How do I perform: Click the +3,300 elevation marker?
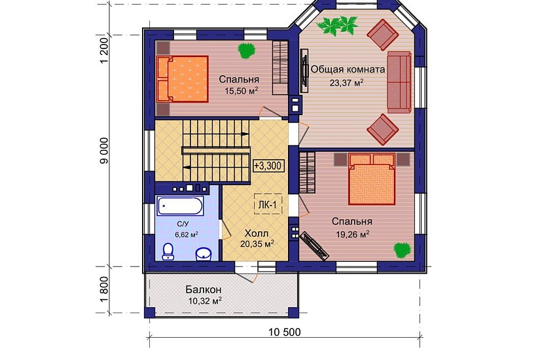(x=268, y=166)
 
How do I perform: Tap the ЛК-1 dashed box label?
(x=268, y=205)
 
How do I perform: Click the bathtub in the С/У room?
(x=180, y=206)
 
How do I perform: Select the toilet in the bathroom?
(x=168, y=251)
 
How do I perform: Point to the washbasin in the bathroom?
(x=204, y=254)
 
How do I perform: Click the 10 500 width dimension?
(x=285, y=332)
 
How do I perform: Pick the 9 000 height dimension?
(x=103, y=151)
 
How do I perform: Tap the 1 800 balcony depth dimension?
(x=103, y=289)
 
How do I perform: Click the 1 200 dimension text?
(x=103, y=50)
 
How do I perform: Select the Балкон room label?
(x=204, y=289)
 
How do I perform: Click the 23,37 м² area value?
(x=346, y=83)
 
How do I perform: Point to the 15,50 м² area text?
(x=242, y=91)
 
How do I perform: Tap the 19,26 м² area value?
(x=353, y=234)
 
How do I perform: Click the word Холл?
(x=257, y=233)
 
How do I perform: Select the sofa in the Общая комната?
(x=399, y=82)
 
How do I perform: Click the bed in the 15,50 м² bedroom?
(x=183, y=79)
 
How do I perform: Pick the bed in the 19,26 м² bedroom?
(x=372, y=179)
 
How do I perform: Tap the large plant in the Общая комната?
(x=337, y=26)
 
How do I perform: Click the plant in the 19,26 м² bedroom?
(x=403, y=250)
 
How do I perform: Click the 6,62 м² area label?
(x=187, y=235)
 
